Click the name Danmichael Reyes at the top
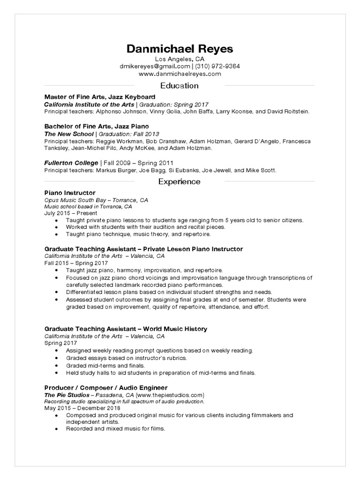point(180,49)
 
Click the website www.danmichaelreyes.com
point(180,74)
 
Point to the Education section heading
point(180,86)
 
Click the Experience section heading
point(180,181)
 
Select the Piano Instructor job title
point(70,193)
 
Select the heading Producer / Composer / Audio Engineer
point(106,388)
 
